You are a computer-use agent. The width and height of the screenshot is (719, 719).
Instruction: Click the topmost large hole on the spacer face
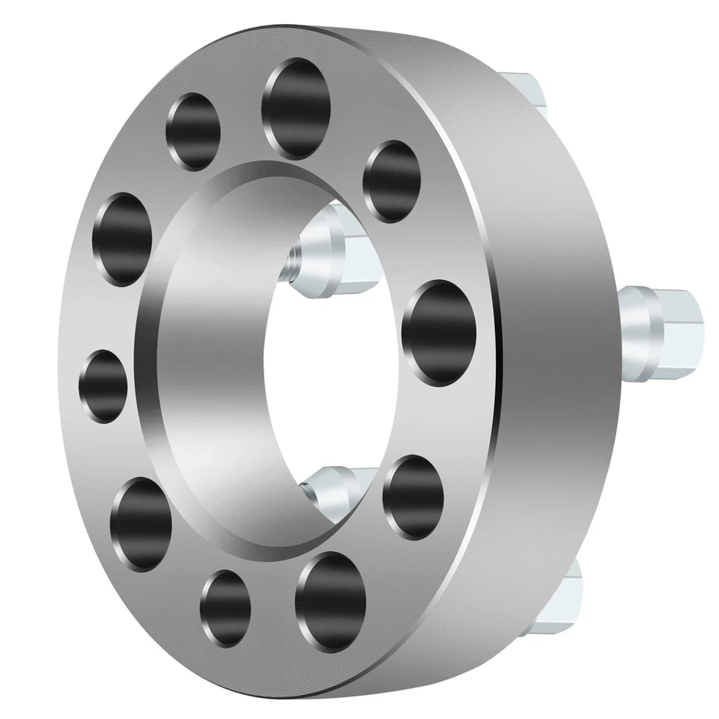[x=297, y=109]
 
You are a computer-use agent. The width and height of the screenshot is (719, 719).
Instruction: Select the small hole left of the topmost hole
[x=194, y=131]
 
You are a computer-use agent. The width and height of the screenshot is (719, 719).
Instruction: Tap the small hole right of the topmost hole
[x=390, y=181]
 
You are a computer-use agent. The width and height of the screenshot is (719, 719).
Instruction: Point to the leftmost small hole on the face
[x=103, y=386]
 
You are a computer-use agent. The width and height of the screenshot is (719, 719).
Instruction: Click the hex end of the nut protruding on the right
[x=683, y=324]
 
